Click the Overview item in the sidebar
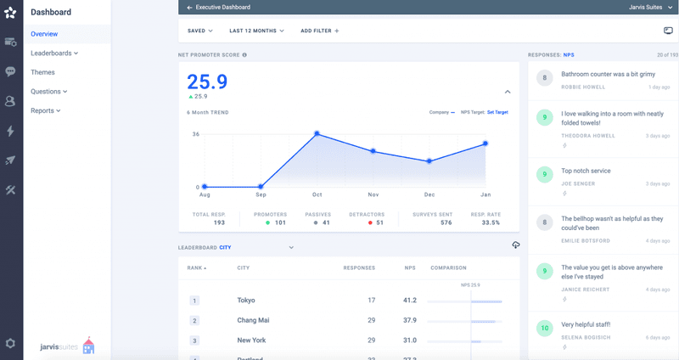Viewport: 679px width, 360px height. pyautogui.click(x=44, y=34)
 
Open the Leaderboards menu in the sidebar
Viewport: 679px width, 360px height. pyautogui.click(x=53, y=53)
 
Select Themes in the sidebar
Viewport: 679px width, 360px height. pyautogui.click(x=42, y=72)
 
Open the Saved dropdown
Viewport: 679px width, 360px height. pyautogui.click(x=200, y=31)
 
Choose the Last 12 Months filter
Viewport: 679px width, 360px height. pyautogui.click(x=256, y=31)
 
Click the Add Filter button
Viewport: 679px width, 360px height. pyautogui.click(x=319, y=31)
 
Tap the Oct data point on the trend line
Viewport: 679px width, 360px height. pyautogui.click(x=317, y=133)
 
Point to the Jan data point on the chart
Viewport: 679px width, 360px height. pyautogui.click(x=485, y=143)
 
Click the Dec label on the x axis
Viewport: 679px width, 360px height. pyautogui.click(x=429, y=194)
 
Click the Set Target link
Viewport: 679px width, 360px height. pyautogui.click(x=497, y=112)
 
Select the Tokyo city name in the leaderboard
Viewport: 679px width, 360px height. pyautogui.click(x=246, y=301)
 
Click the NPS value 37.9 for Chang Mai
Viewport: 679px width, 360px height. pyautogui.click(x=410, y=320)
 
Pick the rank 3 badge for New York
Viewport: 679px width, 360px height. pyautogui.click(x=194, y=340)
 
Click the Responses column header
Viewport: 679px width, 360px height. pyautogui.click(x=359, y=267)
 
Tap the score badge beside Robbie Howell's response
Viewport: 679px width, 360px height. pyautogui.click(x=544, y=78)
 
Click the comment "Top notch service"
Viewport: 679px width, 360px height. pyautogui.click(x=586, y=171)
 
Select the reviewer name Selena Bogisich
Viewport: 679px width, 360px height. pyautogui.click(x=585, y=337)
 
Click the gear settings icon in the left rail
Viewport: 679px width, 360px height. pyautogui.click(x=10, y=343)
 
